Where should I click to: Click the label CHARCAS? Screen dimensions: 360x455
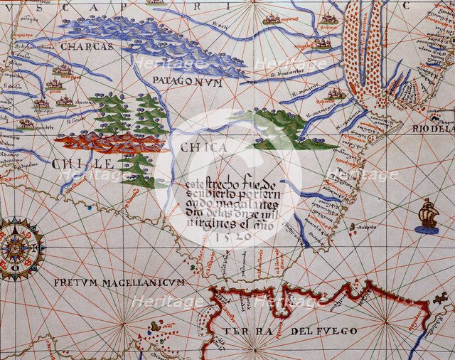(87, 46)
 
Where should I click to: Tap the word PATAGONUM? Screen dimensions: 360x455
(188, 83)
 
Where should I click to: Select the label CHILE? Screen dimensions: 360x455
(82, 164)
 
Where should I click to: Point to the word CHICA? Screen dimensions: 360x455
(203, 148)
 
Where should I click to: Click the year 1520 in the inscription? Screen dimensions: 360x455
(232, 235)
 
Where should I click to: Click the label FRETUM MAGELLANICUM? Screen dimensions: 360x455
(119, 282)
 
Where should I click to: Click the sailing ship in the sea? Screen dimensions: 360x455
(428, 216)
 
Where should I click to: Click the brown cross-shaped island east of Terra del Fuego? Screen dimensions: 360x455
(441, 298)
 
